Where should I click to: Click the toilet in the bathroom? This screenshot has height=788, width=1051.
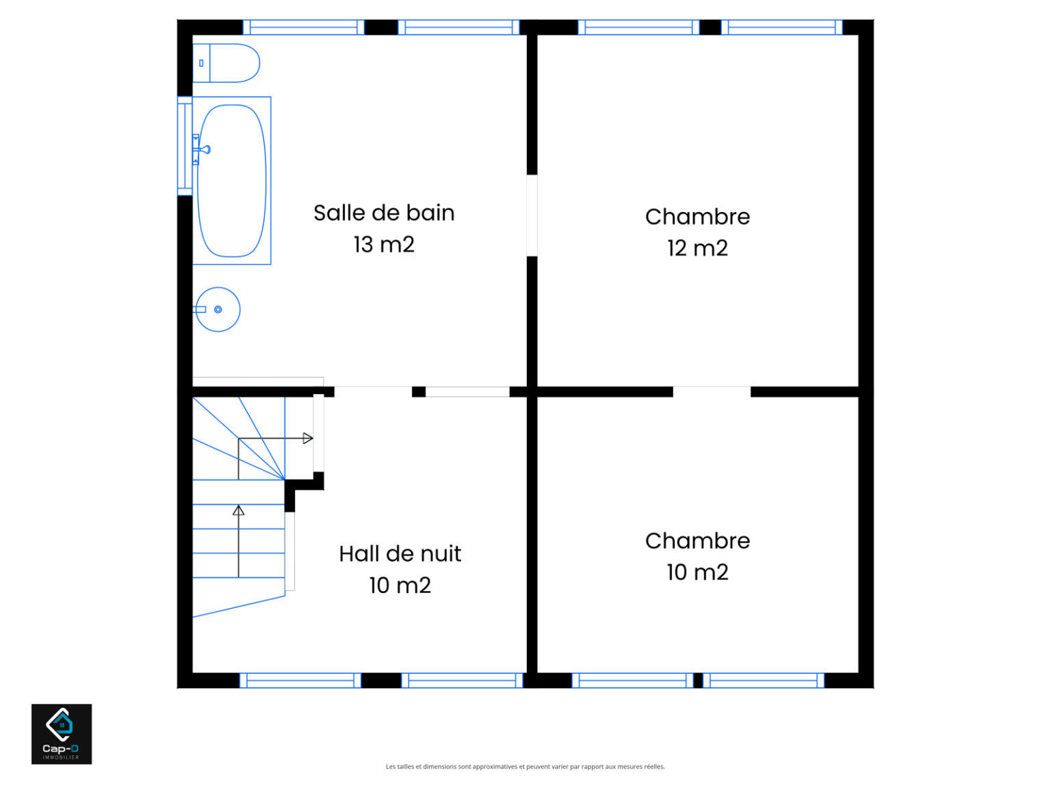(226, 63)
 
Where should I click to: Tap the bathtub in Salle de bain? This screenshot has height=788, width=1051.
(232, 181)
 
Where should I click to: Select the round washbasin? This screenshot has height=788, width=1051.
(218, 310)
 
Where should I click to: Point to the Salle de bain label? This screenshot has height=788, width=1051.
(384, 213)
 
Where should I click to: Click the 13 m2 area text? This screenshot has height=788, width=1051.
(384, 245)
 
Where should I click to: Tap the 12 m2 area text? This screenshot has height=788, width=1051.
(698, 248)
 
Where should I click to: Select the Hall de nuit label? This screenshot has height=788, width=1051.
(400, 554)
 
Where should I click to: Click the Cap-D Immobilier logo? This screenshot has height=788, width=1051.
(62, 734)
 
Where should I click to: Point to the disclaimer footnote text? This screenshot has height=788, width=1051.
(525, 767)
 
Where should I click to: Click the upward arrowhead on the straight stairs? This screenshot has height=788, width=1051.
(238, 510)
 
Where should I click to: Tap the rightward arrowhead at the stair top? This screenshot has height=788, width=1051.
(308, 438)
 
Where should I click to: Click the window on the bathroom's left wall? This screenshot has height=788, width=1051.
(185, 146)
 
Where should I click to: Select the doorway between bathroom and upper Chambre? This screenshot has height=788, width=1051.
(532, 215)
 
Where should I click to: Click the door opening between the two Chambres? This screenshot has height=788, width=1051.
(712, 392)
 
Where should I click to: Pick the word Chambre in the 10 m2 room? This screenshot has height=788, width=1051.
(698, 541)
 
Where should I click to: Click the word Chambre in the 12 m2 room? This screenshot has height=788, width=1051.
(698, 217)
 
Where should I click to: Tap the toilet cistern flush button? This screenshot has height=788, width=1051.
(201, 63)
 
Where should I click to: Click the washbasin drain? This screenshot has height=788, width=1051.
(218, 310)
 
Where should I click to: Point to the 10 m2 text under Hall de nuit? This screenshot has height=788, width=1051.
(400, 586)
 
